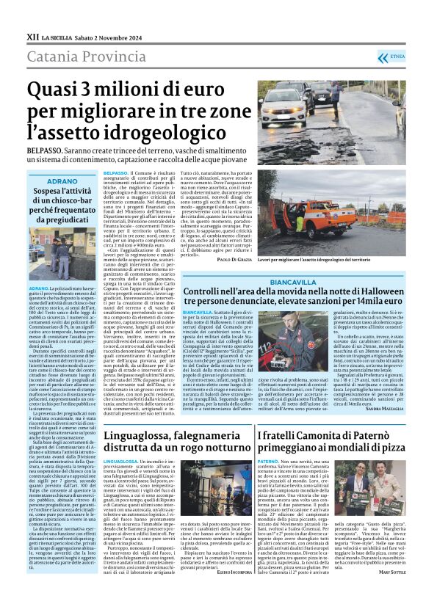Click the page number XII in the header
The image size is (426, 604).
click(32, 35)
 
